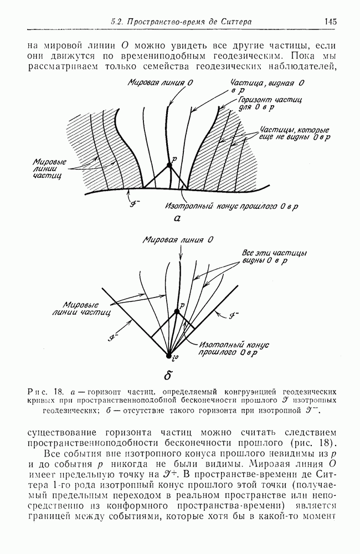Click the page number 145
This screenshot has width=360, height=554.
[331, 22]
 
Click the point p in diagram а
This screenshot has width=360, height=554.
[169, 165]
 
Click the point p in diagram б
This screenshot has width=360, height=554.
[177, 312]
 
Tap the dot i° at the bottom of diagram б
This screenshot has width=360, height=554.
[169, 355]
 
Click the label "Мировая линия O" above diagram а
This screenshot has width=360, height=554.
[153, 82]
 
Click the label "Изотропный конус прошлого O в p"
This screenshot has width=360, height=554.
[232, 207]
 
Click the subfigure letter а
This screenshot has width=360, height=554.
[178, 219]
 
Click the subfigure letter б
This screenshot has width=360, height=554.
[167, 373]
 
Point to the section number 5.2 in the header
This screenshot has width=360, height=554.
[117, 22]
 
